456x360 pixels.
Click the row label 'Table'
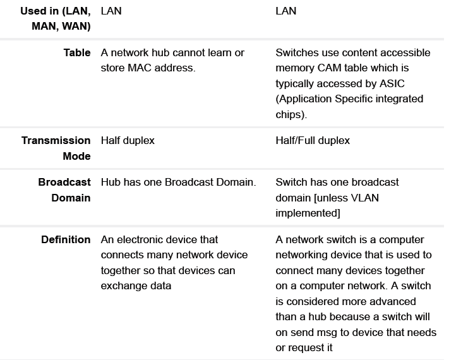tap(76, 52)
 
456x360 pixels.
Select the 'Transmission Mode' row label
tap(56, 148)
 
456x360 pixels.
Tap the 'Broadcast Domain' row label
tap(64, 189)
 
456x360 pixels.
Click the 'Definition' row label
tap(66, 239)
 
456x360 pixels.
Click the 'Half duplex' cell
tap(128, 140)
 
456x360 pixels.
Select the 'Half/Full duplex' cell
tap(313, 140)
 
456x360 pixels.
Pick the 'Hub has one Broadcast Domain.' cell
tap(178, 182)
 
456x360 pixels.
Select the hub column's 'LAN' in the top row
tap(111, 11)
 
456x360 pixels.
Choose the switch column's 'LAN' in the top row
tap(286, 11)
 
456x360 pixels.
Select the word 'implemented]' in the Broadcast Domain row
tap(308, 213)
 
